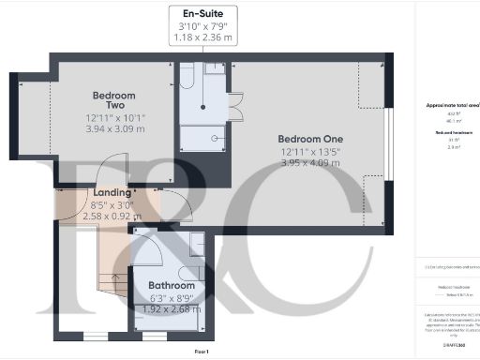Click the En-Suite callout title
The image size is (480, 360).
click(202, 15)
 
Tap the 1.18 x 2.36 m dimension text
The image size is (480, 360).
click(202, 39)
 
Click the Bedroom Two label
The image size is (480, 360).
click(114, 101)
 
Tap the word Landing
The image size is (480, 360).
click(111, 194)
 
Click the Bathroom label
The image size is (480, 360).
click(171, 285)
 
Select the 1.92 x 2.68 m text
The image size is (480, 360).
click(171, 308)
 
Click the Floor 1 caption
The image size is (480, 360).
click(201, 350)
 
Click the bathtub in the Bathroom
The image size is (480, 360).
click(181, 246)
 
